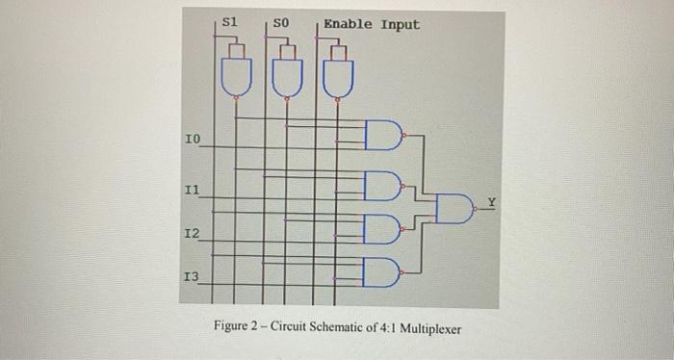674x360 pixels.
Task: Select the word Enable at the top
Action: (x=348, y=23)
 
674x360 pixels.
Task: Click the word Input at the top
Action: (x=400, y=23)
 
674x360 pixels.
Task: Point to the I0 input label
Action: (x=192, y=141)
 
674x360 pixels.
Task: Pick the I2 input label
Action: (x=192, y=234)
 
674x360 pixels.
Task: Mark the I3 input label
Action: (x=192, y=277)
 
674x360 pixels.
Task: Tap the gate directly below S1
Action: (x=234, y=76)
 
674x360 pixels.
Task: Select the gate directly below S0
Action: (x=286, y=76)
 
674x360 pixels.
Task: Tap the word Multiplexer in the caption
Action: (x=426, y=329)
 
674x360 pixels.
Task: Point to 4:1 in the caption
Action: (x=379, y=329)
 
